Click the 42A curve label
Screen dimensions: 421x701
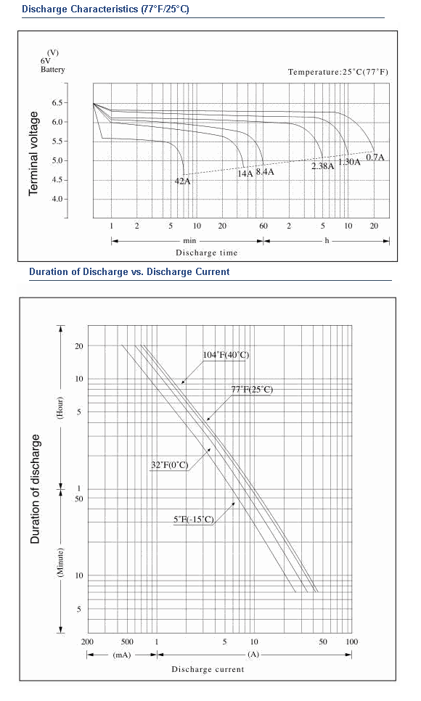coord(182,181)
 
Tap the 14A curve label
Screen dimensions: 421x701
coord(245,173)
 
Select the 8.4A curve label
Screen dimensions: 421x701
coord(265,172)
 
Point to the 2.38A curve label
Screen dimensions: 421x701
coord(323,166)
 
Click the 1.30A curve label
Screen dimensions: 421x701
coord(349,162)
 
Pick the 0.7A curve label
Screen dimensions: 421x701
coord(375,157)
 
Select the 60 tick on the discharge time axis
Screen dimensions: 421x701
coord(263,226)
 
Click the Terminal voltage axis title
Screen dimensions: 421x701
coord(33,153)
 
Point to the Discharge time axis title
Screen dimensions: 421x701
coord(206,253)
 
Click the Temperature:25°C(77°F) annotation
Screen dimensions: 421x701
coord(338,72)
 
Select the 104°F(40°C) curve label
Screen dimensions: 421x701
coord(226,355)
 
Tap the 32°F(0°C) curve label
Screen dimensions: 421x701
coord(170,465)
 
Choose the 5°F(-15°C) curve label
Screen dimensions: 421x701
coord(194,520)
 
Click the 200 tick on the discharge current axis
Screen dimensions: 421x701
coord(87,642)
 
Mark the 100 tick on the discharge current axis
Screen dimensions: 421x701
coord(352,642)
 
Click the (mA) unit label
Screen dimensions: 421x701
coord(122,655)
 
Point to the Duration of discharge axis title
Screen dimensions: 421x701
coord(36,489)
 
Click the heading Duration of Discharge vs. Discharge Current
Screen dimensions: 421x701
coord(129,272)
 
